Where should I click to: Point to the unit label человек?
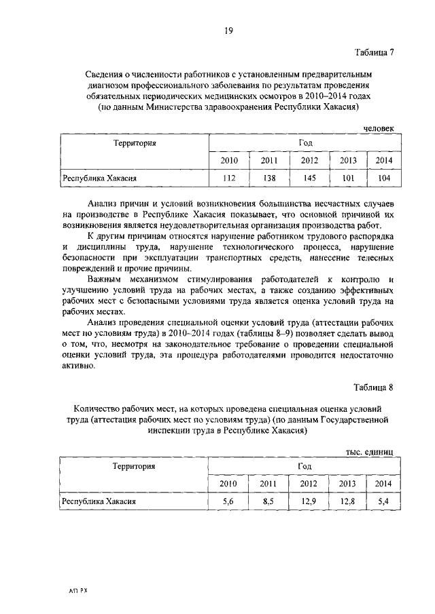377,128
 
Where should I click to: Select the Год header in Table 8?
304,466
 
